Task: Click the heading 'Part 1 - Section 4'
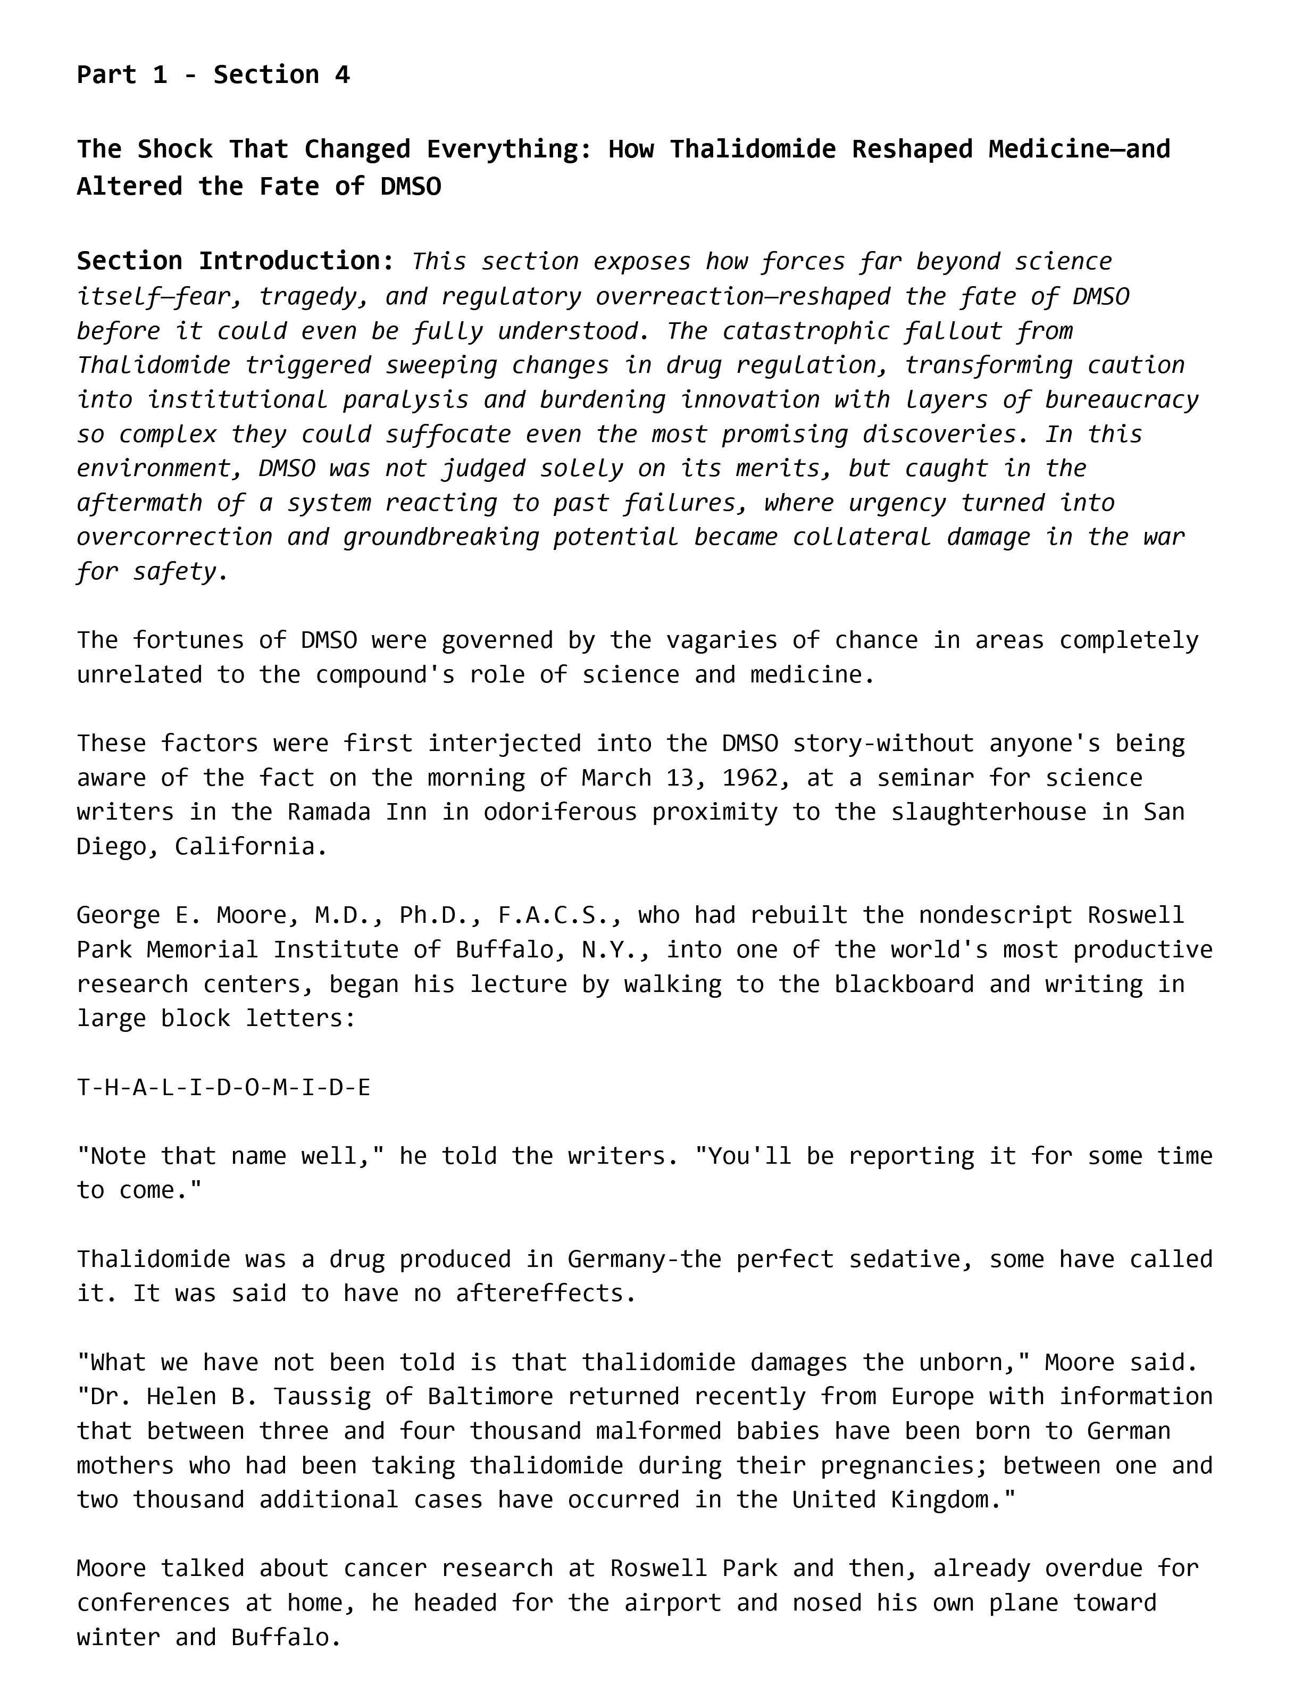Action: pyautogui.click(x=213, y=75)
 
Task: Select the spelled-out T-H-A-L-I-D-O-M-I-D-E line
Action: pyautogui.click(x=224, y=1087)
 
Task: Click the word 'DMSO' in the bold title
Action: pyautogui.click(x=411, y=187)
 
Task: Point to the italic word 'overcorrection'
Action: pyautogui.click(x=174, y=537)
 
